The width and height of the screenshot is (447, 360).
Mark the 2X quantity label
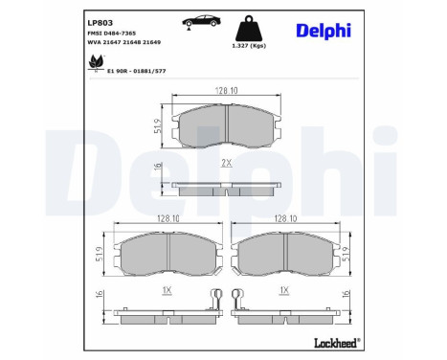pyautogui.click(x=227, y=164)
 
